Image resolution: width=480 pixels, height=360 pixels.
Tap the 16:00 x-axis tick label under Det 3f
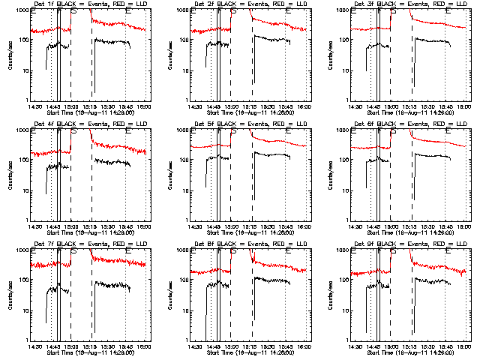coord(464,106)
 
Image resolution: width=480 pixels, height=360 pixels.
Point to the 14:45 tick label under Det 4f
coord(52,226)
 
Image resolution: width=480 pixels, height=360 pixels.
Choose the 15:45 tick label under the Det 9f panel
coord(445,346)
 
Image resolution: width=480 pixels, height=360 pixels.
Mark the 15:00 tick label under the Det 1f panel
coord(71,106)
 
